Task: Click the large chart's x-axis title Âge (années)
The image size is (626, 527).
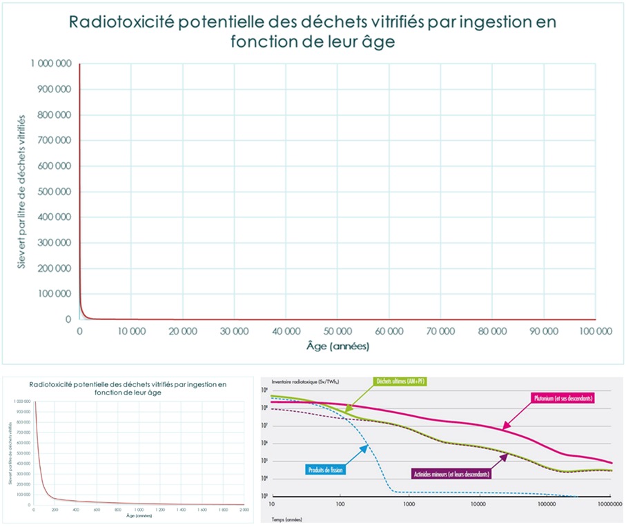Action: click(338, 346)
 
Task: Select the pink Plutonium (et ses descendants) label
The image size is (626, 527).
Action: click(564, 398)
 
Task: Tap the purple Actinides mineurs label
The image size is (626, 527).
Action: click(451, 474)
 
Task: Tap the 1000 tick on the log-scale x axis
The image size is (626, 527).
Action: click(409, 505)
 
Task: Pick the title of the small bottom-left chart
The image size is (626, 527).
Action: click(130, 388)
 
